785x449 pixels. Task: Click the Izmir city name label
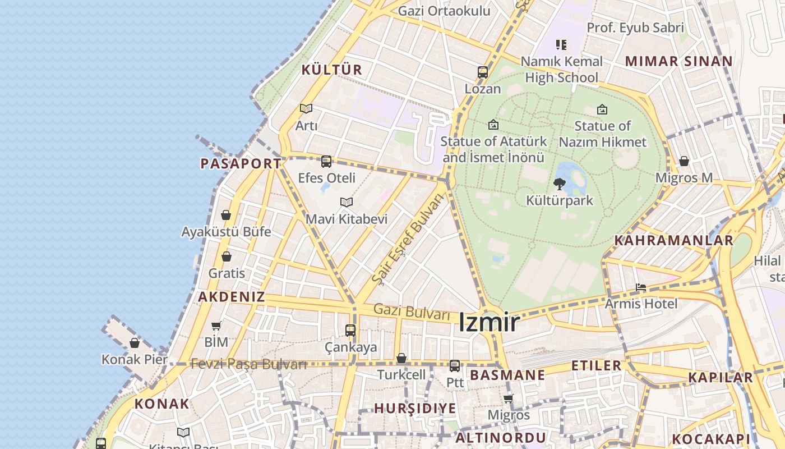(489, 323)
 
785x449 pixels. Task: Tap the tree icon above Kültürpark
(559, 184)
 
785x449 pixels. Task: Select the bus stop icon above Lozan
(483, 72)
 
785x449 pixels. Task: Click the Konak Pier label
(135, 359)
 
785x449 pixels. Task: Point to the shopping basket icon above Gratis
(227, 256)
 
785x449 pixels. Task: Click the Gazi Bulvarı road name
(412, 311)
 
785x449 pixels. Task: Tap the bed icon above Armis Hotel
(641, 288)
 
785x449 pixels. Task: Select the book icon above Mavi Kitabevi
(347, 202)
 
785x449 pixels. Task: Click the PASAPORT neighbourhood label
(241, 164)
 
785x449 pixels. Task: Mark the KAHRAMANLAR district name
(673, 241)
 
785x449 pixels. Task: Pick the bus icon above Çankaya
(350, 331)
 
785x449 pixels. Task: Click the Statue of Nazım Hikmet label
(602, 134)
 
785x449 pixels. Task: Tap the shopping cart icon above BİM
(216, 326)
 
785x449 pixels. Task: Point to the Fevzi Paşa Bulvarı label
(248, 364)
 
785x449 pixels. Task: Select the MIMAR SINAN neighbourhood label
(678, 61)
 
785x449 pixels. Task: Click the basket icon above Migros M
(684, 162)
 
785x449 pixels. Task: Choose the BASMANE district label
(507, 375)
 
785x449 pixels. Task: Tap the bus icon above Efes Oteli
(326, 162)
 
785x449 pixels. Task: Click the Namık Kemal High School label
(561, 69)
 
